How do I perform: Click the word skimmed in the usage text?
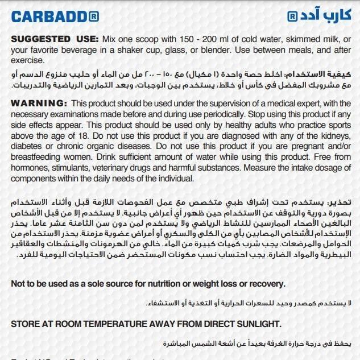pyautogui.click(x=279, y=40)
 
